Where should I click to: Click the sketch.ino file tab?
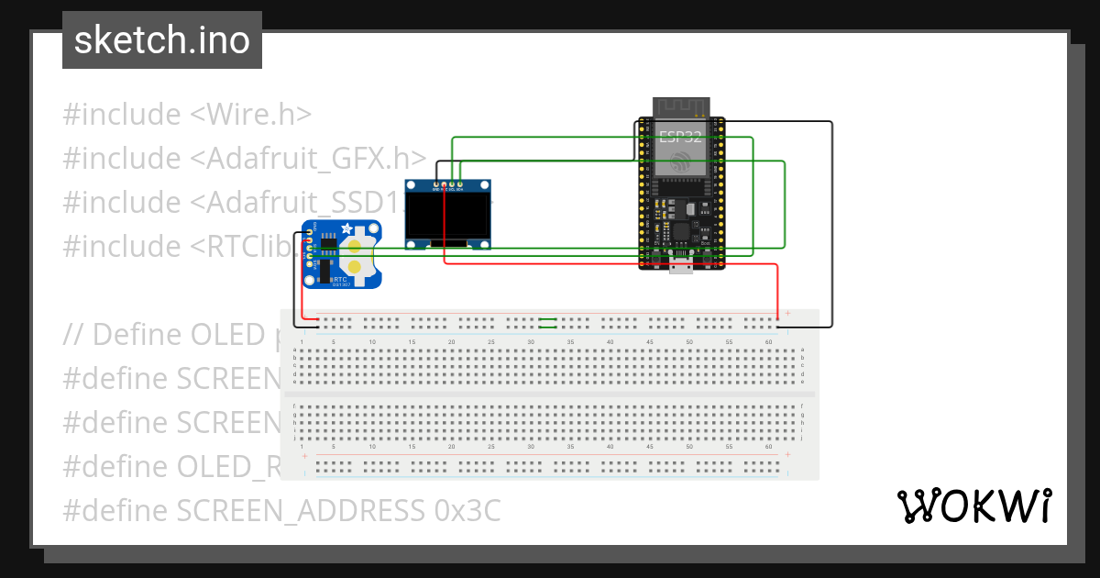pyautogui.click(x=161, y=40)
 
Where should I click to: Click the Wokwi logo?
pyautogui.click(x=974, y=506)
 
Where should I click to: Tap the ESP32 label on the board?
pyautogui.click(x=679, y=139)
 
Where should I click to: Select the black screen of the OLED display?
pyautogui.click(x=448, y=216)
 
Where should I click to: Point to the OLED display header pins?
pyautogui.click(x=448, y=184)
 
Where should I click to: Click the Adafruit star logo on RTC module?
pyautogui.click(x=346, y=229)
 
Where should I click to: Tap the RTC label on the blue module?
pyautogui.click(x=340, y=277)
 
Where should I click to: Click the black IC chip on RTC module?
pyautogui.click(x=324, y=270)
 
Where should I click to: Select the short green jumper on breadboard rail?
pyautogui.click(x=548, y=322)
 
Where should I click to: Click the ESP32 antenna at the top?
pyautogui.click(x=681, y=106)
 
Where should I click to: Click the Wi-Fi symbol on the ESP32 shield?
pyautogui.click(x=680, y=163)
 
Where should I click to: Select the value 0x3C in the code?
pyautogui.click(x=467, y=510)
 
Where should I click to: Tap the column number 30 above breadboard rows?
pyautogui.click(x=531, y=341)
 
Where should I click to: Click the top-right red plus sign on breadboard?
pyautogui.click(x=787, y=313)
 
